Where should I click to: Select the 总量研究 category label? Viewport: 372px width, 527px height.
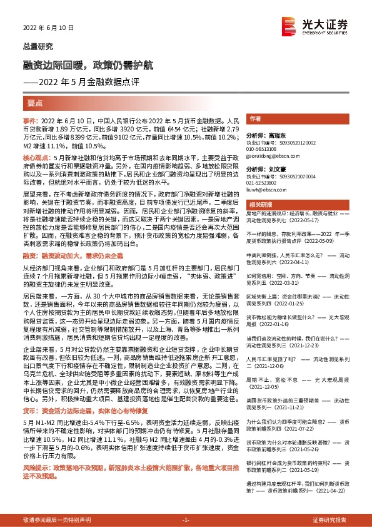coord(35,46)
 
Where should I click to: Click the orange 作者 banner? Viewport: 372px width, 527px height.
coord(255,118)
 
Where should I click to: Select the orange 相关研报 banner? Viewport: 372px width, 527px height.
coord(259,205)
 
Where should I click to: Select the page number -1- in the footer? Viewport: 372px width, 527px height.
coord(186,520)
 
